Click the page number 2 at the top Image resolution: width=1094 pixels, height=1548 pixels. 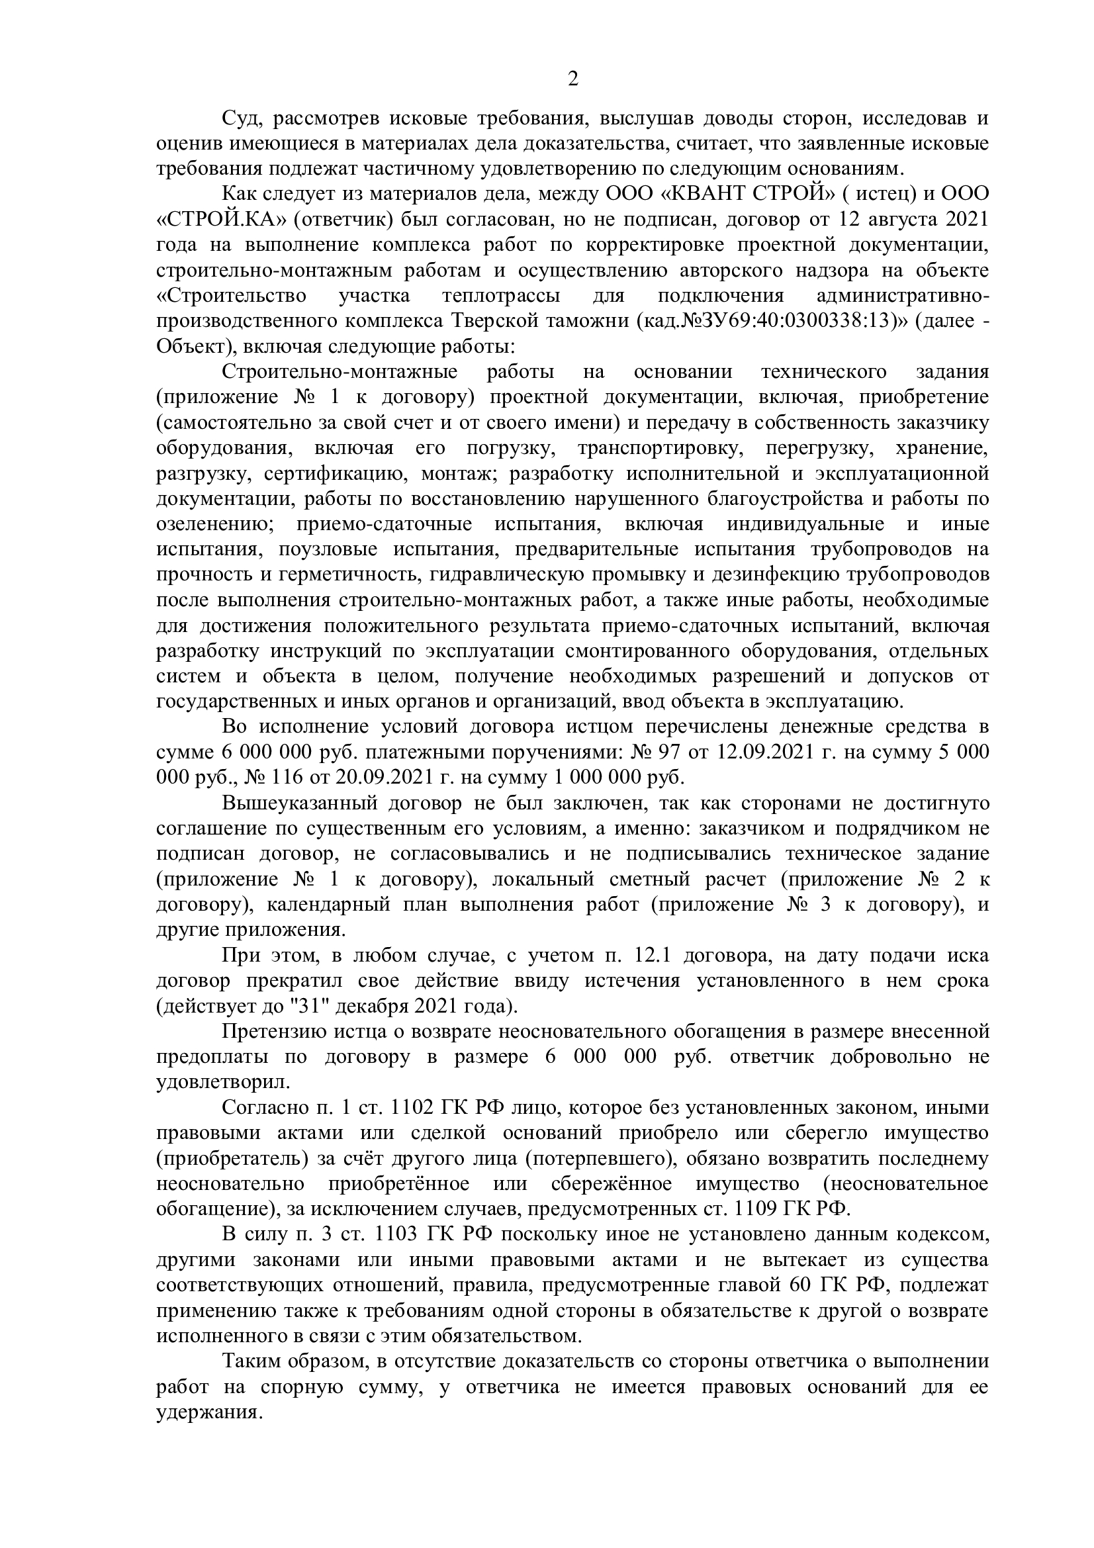click(572, 79)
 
